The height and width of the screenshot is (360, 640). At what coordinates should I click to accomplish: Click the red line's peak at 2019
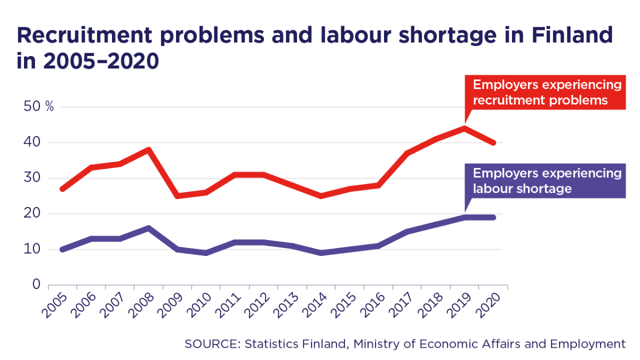click(465, 128)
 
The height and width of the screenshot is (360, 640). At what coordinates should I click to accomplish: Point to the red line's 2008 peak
click(149, 150)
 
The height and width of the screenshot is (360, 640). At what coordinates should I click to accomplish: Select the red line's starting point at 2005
click(63, 189)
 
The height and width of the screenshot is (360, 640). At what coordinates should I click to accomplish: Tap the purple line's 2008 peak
click(149, 228)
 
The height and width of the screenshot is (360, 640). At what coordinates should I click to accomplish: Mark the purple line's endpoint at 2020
click(493, 217)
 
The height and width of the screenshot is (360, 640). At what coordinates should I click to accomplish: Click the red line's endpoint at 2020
click(493, 142)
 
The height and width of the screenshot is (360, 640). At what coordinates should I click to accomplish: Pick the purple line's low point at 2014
click(321, 253)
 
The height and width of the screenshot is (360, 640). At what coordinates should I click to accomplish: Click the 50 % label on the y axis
click(39, 107)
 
